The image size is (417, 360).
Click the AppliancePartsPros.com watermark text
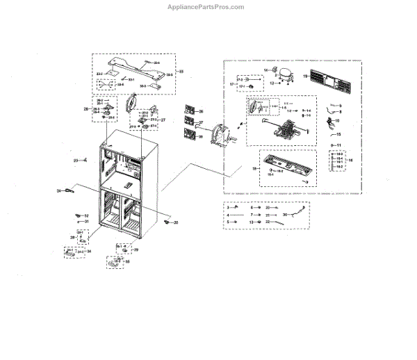tap(207, 7)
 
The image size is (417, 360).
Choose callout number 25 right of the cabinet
tap(176, 222)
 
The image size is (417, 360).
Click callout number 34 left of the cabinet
tap(60, 189)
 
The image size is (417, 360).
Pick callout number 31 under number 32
tap(87, 222)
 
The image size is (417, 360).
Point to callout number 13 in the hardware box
tap(251, 222)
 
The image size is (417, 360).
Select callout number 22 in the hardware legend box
tap(268, 222)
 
